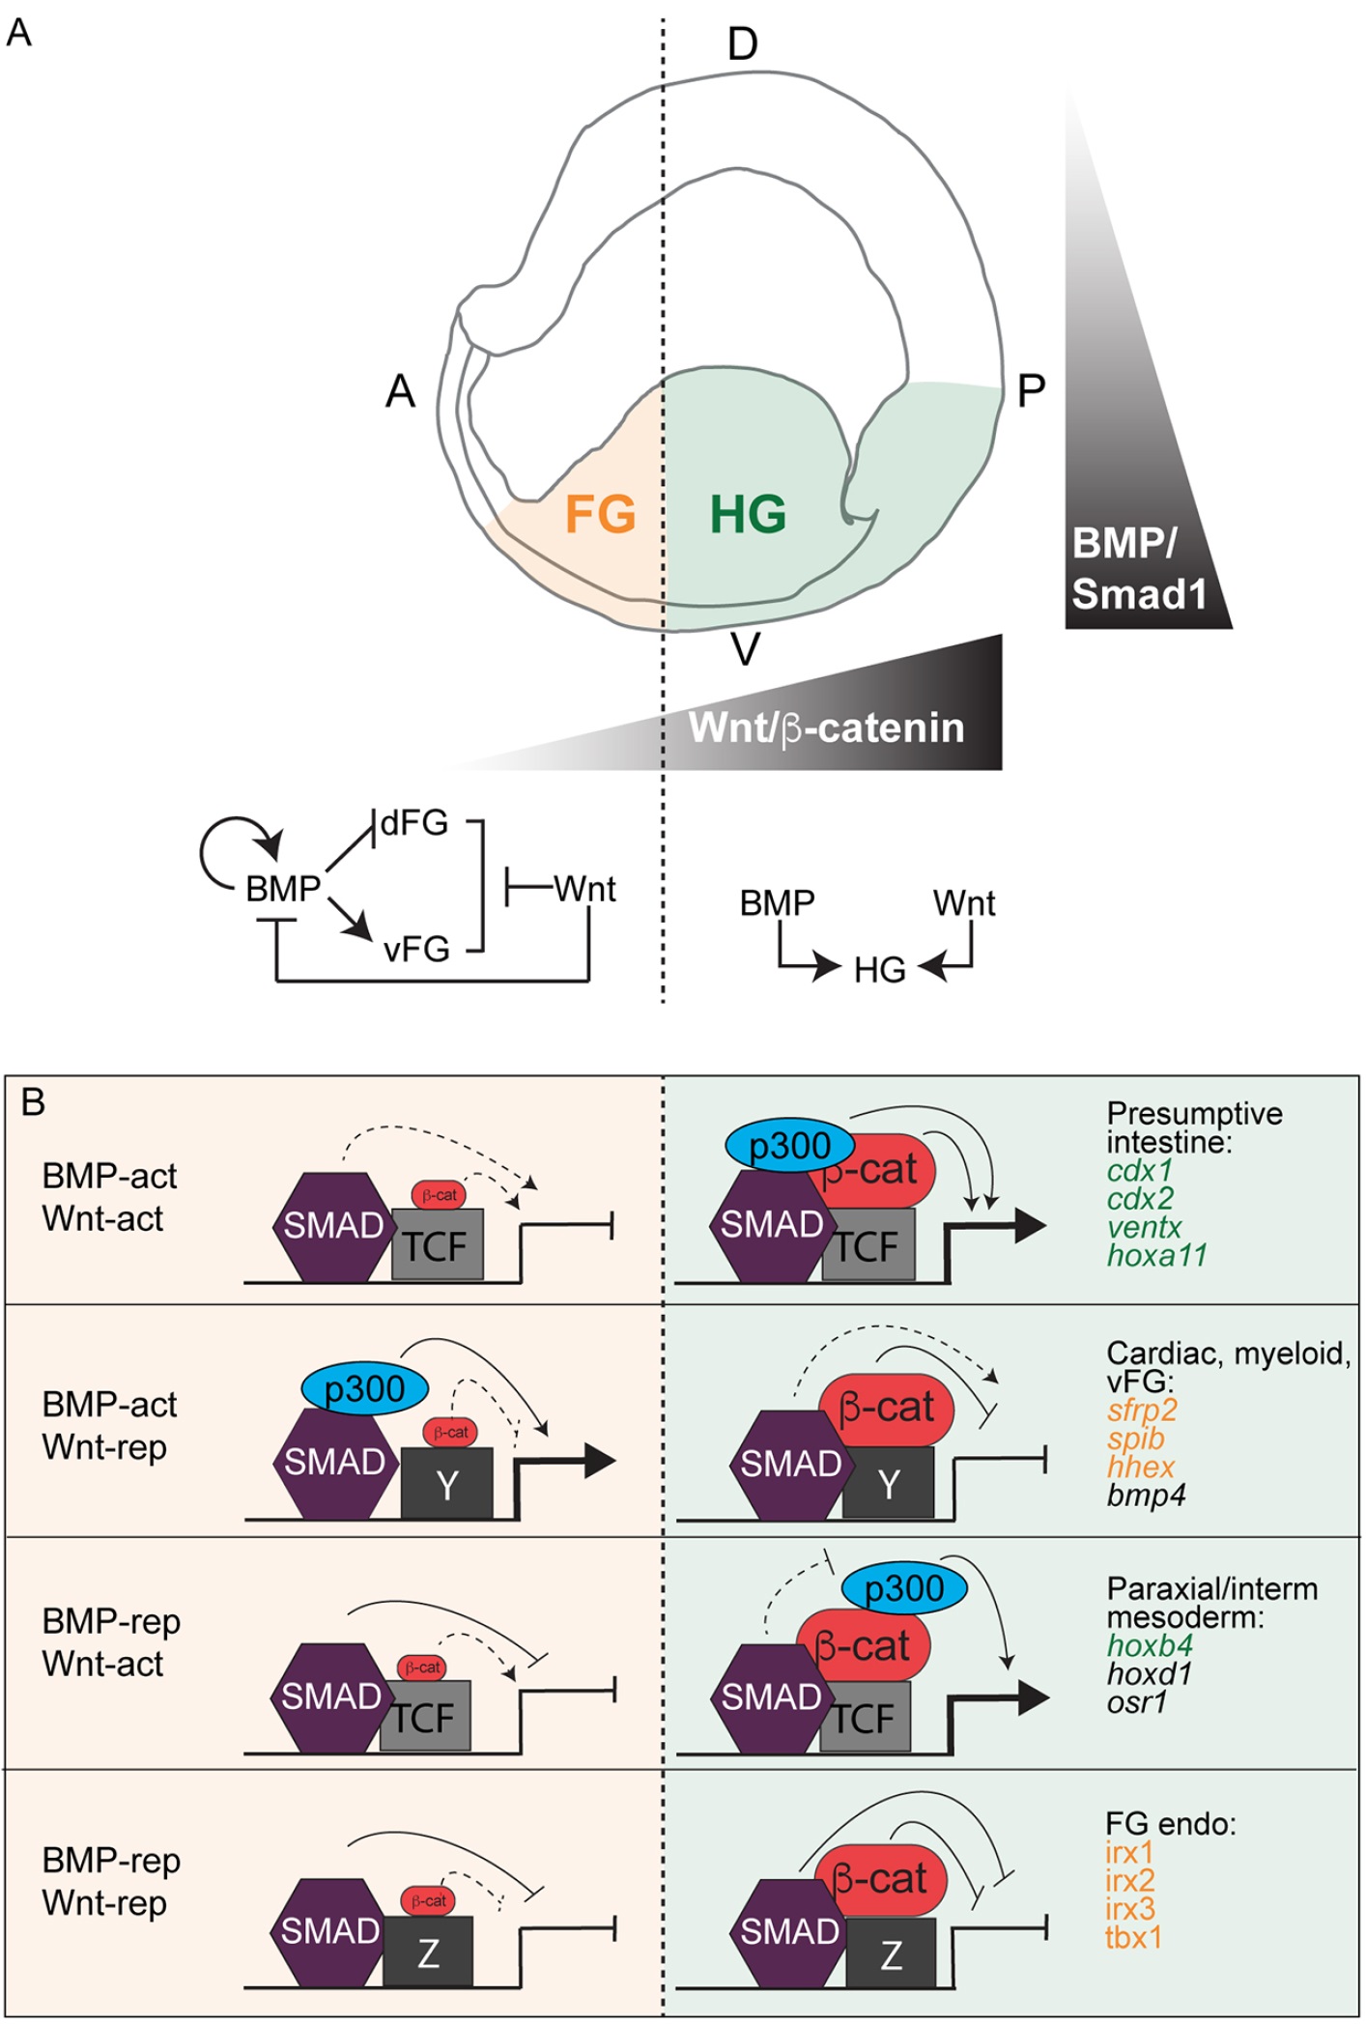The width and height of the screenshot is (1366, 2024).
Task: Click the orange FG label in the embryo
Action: click(x=600, y=513)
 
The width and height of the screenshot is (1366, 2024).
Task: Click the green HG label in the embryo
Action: click(x=748, y=513)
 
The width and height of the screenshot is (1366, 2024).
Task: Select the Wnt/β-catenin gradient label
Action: click(x=826, y=727)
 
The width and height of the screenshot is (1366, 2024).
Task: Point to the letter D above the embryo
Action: click(x=742, y=44)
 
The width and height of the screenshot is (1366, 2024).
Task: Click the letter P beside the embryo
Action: click(x=1031, y=391)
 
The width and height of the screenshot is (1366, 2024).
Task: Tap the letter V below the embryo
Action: click(x=745, y=650)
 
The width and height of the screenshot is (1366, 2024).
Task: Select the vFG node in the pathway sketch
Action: click(x=416, y=950)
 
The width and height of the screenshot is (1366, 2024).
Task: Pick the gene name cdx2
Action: click(x=1140, y=1199)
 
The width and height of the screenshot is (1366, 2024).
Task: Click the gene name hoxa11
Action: click(x=1156, y=1255)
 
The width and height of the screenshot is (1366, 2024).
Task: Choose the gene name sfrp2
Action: click(x=1142, y=1410)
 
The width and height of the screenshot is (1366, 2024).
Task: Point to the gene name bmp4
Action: click(x=1146, y=1495)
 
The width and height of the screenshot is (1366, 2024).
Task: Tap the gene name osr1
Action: click(x=1137, y=1701)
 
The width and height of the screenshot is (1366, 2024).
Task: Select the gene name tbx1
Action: click(x=1133, y=1937)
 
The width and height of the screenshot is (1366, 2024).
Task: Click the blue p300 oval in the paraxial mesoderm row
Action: click(x=904, y=1588)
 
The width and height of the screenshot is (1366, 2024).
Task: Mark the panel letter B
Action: click(x=33, y=1102)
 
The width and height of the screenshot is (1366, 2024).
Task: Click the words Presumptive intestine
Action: click(x=1194, y=1127)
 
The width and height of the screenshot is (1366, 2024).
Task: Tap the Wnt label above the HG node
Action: click(x=964, y=903)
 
